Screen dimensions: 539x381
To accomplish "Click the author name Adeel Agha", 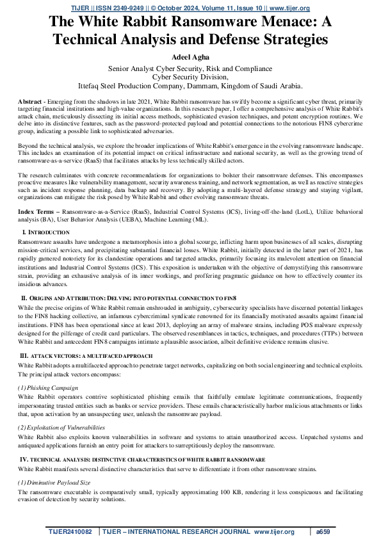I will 190,56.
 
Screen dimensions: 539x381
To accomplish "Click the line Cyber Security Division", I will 190,76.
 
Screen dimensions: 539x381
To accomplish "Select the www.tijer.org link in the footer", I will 273,532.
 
